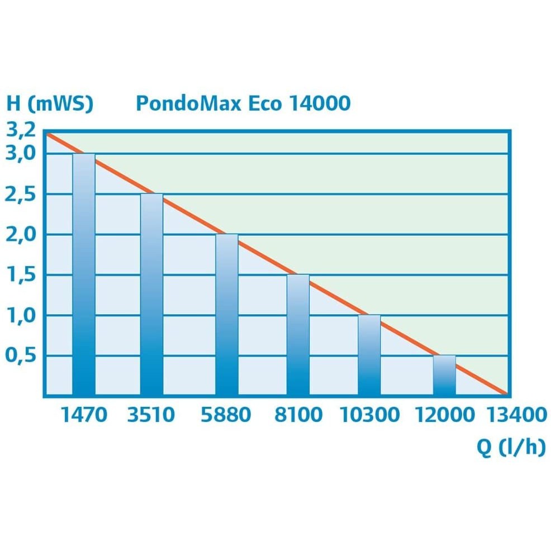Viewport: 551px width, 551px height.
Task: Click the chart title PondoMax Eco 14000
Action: tap(243, 104)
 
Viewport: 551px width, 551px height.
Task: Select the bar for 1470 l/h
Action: tap(84, 274)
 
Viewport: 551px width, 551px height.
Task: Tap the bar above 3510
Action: tap(151, 294)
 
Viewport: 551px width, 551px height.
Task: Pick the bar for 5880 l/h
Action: tap(227, 315)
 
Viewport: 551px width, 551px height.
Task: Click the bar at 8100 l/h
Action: tap(298, 335)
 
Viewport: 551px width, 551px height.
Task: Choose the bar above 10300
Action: tap(369, 355)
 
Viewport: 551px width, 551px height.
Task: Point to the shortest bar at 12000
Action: tap(444, 375)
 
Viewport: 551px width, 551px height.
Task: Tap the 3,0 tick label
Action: tap(21, 153)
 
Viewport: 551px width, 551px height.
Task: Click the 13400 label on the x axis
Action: tap(516, 415)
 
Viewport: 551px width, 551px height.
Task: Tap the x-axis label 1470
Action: tap(84, 415)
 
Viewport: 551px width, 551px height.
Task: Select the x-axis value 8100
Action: tap(298, 415)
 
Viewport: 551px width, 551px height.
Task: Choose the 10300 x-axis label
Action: tap(369, 415)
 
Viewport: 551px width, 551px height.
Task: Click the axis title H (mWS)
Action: tap(50, 104)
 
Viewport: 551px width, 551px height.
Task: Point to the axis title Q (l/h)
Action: tap(510, 448)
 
